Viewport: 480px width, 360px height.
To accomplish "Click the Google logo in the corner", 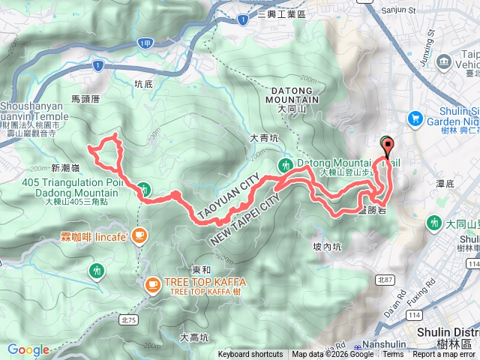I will click(28, 349).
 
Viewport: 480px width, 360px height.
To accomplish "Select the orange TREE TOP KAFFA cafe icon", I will click(151, 284).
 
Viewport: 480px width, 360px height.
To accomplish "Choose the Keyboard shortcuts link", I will click(250, 355).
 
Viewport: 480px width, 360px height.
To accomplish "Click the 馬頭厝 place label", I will click(85, 98).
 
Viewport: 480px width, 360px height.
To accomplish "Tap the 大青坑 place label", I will click(264, 138).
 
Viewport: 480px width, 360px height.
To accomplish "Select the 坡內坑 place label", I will click(326, 245).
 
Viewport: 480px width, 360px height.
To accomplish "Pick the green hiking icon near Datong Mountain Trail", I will click(284, 165).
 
